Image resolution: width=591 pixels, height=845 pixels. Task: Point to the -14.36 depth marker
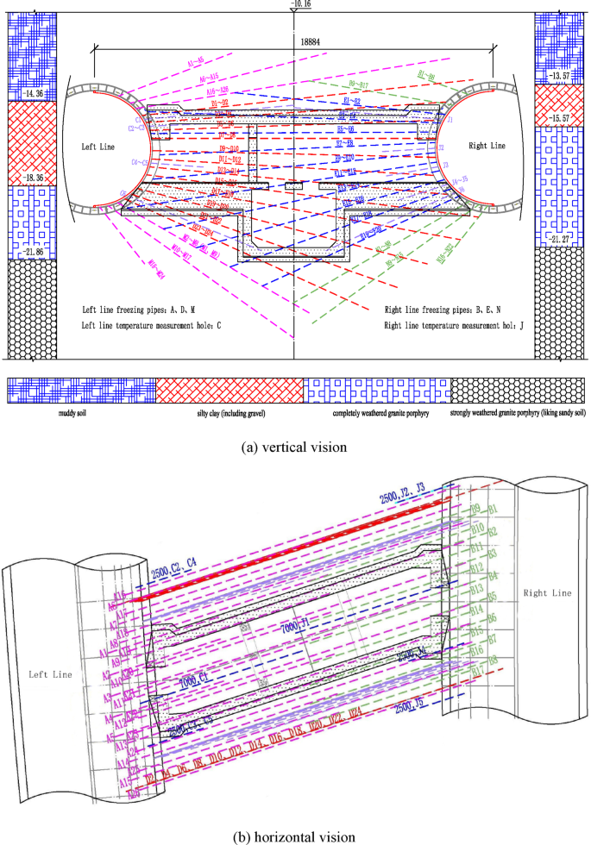pyautogui.click(x=33, y=94)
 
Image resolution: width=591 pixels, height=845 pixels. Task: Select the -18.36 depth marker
pyautogui.click(x=33, y=178)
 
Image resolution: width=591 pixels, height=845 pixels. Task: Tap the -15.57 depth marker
pyautogui.click(x=559, y=117)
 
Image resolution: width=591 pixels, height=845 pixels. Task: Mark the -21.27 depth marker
pyautogui.click(x=559, y=238)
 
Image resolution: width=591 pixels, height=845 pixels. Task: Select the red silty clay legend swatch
pyautogui.click(x=229, y=390)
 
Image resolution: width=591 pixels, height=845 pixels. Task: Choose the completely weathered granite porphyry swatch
pyautogui.click(x=377, y=390)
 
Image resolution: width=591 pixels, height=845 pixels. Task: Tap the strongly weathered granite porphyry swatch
pyautogui.click(x=517, y=390)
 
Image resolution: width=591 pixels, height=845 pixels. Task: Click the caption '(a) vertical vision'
pyautogui.click(x=295, y=448)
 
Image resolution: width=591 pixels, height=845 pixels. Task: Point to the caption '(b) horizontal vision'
pyautogui.click(x=295, y=835)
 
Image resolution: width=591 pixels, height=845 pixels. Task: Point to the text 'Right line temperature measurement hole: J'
pyautogui.click(x=459, y=325)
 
